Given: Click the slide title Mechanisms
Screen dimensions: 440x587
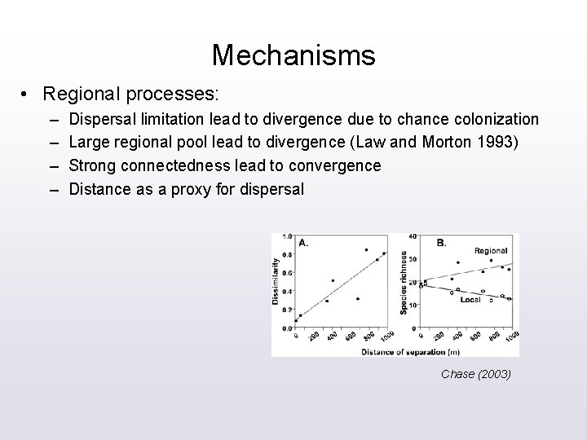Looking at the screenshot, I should tap(293, 55).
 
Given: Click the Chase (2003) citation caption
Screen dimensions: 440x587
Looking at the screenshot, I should tap(475, 374).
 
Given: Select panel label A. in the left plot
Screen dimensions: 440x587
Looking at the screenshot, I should tap(303, 242).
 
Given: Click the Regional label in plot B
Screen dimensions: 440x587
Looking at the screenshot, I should tap(490, 251).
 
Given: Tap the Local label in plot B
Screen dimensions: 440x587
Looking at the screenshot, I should tap(470, 300).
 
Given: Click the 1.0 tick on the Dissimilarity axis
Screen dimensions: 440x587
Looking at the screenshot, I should tap(287, 237).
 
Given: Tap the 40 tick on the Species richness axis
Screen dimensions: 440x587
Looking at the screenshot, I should tap(412, 237).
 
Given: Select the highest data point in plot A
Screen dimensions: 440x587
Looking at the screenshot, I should tap(366, 250).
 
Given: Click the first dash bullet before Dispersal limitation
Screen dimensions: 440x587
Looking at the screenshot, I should tap(54, 120).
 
